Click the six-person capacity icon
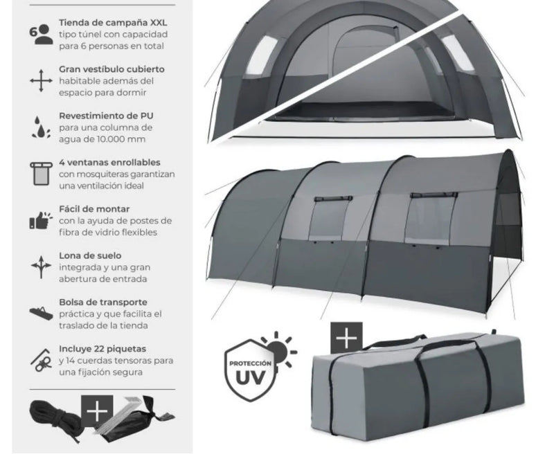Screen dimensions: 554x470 (41, 34)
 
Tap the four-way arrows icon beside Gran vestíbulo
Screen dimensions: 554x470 (41, 81)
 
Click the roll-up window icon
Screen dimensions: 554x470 (42, 173)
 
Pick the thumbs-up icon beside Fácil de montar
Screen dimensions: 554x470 (41, 220)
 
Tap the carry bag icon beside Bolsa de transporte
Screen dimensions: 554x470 (41, 313)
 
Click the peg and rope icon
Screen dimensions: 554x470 (41, 360)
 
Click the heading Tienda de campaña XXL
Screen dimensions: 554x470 (113, 23)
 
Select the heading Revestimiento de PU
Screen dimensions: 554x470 (107, 116)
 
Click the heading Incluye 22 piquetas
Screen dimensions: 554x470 (102, 349)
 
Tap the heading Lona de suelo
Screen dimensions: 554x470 (90, 255)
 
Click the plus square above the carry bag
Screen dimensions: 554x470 (346, 338)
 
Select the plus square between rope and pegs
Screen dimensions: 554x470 (97, 411)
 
